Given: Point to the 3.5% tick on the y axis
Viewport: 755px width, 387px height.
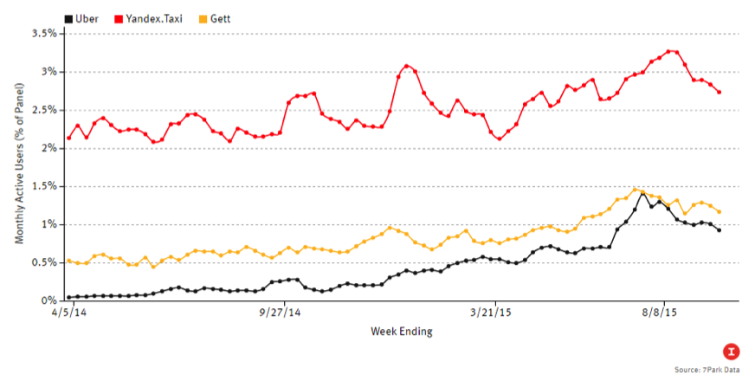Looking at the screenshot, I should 43,34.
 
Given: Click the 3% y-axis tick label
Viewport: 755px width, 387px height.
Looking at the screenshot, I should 47,72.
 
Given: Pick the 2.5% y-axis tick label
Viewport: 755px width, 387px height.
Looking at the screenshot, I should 43,110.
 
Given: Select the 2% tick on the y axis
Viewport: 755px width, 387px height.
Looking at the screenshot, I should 47,148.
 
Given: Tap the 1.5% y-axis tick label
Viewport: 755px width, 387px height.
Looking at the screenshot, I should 43,186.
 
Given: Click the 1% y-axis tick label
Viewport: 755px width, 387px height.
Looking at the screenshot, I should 47,224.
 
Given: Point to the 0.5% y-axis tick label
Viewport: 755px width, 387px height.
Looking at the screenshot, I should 43,262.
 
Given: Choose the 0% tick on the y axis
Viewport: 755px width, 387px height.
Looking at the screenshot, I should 47,300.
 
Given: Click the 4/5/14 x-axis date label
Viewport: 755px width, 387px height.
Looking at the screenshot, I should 68,313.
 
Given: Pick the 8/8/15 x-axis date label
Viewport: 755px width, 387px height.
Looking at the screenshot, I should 661,313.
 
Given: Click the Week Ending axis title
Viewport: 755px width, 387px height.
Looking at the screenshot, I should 402,332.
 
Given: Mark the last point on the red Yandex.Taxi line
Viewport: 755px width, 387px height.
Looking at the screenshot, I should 719,92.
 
